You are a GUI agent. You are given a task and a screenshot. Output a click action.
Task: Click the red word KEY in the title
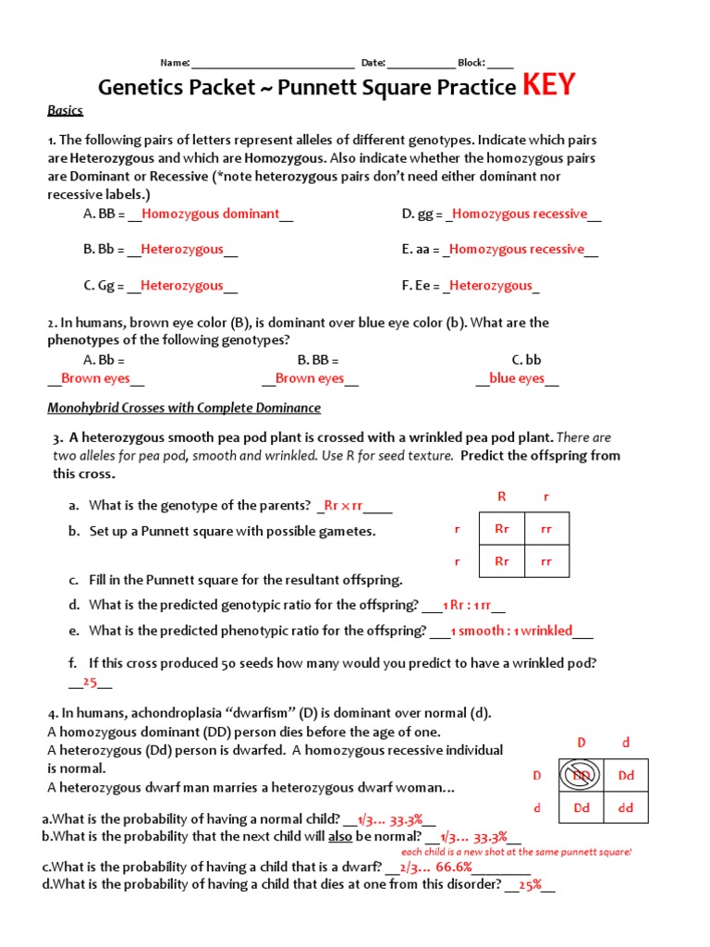coord(549,86)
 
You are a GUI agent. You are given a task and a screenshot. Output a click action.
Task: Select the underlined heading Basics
coord(65,111)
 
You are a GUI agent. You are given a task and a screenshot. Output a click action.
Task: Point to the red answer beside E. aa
coord(517,249)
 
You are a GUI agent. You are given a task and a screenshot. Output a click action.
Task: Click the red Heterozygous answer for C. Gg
coord(182,286)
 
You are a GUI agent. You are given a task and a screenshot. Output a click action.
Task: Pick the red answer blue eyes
coord(517,378)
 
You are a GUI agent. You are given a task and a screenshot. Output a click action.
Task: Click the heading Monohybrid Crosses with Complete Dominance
coord(184,408)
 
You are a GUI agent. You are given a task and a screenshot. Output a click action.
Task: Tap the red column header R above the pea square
coord(502,497)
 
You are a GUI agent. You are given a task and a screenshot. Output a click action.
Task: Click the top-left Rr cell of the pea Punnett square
coord(502,530)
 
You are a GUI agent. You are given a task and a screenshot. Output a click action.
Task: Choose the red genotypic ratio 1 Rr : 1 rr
coord(467,606)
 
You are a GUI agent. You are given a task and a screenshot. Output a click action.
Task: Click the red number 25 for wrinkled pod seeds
coord(91,683)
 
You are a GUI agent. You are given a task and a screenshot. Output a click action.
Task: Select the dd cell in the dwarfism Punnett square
coord(626,807)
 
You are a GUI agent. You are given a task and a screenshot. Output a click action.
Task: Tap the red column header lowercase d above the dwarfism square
coord(626,743)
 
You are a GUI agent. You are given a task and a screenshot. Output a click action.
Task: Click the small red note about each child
coord(516,851)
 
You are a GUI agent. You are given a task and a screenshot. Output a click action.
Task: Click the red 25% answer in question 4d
coord(529,885)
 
